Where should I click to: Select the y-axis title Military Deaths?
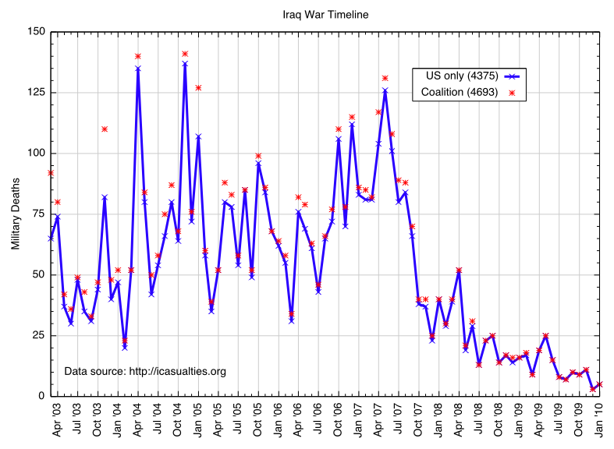coord(16,213)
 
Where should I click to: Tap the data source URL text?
coord(145,371)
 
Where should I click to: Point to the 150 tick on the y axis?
coord(37,33)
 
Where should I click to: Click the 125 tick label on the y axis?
coord(37,93)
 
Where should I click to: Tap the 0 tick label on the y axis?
coord(44,396)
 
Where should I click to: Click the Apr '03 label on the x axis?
coord(57,420)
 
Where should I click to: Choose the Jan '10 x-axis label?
coord(600,420)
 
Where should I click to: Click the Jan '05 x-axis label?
coord(198,420)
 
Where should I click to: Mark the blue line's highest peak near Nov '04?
coord(185,63)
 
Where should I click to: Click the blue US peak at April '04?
coord(137,69)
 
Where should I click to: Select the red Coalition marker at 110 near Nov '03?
coord(105,129)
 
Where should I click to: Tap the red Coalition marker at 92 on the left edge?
coord(51,172)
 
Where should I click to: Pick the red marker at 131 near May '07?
coord(385,78)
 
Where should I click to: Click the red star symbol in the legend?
coord(513,93)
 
